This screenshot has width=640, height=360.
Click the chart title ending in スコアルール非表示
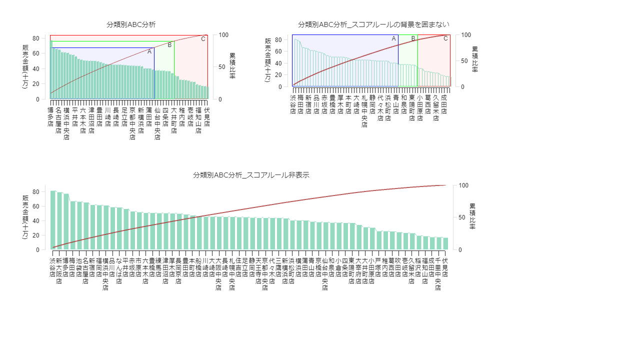point(251,175)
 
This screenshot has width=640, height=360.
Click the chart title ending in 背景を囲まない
point(373,24)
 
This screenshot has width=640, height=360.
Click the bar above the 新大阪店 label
point(59,220)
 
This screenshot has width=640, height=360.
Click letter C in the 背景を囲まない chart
point(445,38)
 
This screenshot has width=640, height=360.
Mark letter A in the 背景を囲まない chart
point(393,38)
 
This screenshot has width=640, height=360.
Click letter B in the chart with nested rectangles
point(169,45)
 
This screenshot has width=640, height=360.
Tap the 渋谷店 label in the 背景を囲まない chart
point(292,104)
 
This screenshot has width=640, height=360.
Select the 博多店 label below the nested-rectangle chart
point(50,116)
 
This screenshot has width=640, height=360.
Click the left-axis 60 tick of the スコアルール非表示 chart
point(42,206)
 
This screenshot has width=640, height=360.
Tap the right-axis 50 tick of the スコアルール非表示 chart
point(459,217)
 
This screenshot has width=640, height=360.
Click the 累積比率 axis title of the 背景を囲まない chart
point(474,59)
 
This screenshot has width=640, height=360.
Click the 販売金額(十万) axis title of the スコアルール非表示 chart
point(25,216)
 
